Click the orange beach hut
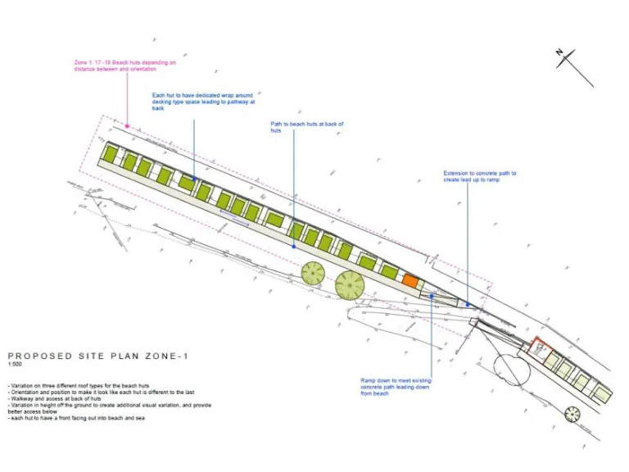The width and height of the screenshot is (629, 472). click(x=410, y=280)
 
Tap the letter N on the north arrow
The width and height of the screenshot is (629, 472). click(x=559, y=52)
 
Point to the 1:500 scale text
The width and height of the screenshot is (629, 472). click(x=15, y=365)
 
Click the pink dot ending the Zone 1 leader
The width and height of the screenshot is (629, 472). click(x=126, y=125)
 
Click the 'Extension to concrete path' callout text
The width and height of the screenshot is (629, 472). click(x=479, y=176)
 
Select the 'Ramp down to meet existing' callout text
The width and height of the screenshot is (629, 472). click(x=396, y=386)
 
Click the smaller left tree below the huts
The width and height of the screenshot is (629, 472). click(x=313, y=273)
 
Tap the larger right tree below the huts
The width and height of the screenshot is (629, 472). click(x=350, y=285)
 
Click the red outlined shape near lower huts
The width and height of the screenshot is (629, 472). click(x=538, y=345)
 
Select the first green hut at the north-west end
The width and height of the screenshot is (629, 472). click(x=111, y=153)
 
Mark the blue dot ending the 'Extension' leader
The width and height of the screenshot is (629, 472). click(x=468, y=304)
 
